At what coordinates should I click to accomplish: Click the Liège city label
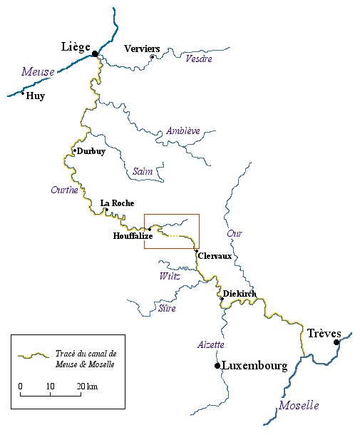pos(75,47)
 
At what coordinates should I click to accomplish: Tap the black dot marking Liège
pos(95,53)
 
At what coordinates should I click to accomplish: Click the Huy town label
pos(35,96)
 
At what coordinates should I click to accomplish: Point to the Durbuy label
pos(91,151)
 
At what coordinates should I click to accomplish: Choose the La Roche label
pos(117,203)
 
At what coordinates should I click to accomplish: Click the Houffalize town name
pos(133,235)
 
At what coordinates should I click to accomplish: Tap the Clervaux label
pos(215,256)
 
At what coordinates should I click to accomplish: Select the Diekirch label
pos(240,294)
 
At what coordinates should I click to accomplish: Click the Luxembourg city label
pos(254,366)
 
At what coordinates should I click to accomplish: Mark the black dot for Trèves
pos(336,342)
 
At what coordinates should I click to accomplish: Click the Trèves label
pos(324,333)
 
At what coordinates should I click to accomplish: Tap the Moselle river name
pos(299,405)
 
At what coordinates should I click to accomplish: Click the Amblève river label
pos(182,131)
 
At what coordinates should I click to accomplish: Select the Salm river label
pos(143,172)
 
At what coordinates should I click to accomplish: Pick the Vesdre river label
pos(199,58)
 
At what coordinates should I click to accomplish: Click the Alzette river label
pos(211,344)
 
